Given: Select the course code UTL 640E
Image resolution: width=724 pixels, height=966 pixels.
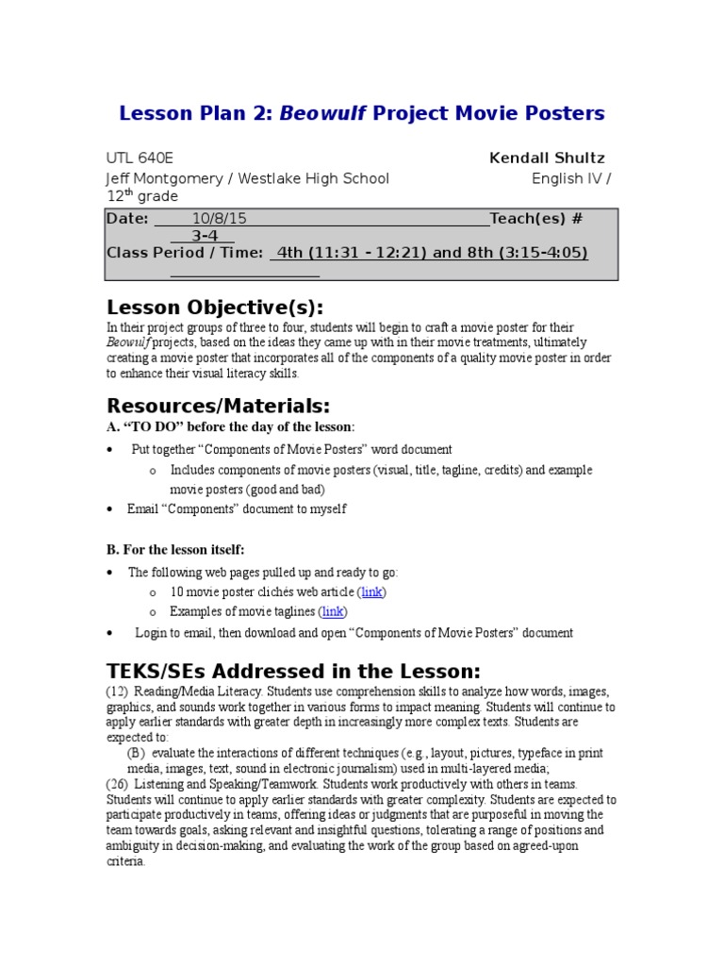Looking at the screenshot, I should [x=140, y=158].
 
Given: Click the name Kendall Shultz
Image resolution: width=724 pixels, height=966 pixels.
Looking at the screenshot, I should [x=547, y=158].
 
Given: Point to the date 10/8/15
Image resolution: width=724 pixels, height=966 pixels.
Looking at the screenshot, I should [x=219, y=218].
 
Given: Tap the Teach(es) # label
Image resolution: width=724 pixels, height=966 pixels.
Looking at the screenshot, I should [x=536, y=218].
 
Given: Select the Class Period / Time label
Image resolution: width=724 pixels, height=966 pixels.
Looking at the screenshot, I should [x=185, y=253].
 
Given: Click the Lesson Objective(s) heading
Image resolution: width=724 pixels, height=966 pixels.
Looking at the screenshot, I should [x=215, y=308].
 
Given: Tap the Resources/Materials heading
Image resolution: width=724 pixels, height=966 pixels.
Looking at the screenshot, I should [x=219, y=406].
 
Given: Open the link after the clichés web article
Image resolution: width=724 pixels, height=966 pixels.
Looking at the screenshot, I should [x=372, y=591].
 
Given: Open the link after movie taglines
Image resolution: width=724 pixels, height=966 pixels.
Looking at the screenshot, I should [x=333, y=611].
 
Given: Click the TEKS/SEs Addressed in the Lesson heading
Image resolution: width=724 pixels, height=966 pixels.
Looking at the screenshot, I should [x=293, y=671].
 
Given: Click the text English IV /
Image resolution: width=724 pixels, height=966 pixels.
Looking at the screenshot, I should [x=571, y=178].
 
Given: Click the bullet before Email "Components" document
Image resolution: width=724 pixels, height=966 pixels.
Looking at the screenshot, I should [x=110, y=509].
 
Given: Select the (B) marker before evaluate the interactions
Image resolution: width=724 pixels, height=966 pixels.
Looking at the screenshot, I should [x=137, y=753].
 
